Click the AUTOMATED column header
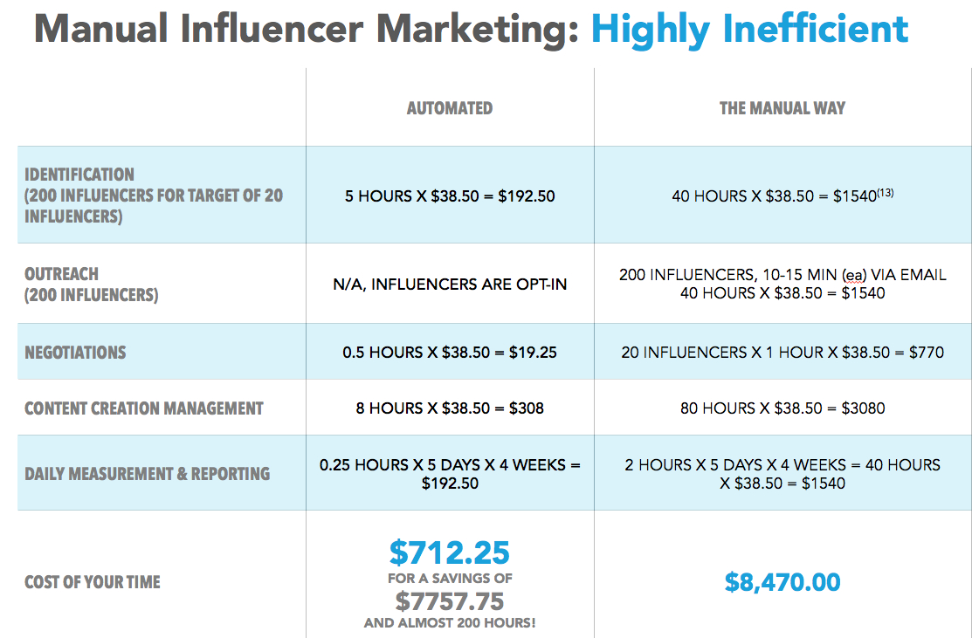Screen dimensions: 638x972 [450, 108]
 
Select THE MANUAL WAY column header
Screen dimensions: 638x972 [782, 108]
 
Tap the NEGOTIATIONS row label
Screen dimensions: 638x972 [75, 353]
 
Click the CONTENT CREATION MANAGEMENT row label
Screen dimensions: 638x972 [144, 408]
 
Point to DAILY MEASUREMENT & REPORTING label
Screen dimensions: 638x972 [147, 474]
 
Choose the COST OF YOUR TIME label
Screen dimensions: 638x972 [93, 582]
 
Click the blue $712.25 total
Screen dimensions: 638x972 [450, 552]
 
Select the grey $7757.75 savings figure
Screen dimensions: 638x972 [450, 601]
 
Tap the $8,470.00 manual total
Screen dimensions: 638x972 [782, 582]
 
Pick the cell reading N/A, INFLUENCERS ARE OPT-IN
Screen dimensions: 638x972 [450, 285]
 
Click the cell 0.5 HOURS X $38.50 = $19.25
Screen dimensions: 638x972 [450, 353]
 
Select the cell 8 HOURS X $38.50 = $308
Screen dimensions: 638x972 [450, 408]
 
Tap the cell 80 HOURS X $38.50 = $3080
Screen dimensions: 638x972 [782, 408]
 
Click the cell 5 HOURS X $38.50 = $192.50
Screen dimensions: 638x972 [450, 196]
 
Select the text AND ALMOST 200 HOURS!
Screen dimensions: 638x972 [450, 623]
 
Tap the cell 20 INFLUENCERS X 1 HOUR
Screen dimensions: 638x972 [782, 353]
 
